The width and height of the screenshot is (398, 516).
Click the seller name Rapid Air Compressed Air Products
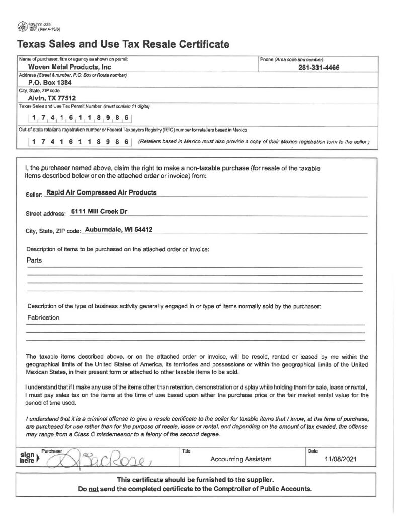coord(101,192)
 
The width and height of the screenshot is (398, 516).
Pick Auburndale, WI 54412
coord(119,229)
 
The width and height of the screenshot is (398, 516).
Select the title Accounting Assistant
coord(241,459)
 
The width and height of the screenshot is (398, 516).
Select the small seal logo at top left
coord(22,26)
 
